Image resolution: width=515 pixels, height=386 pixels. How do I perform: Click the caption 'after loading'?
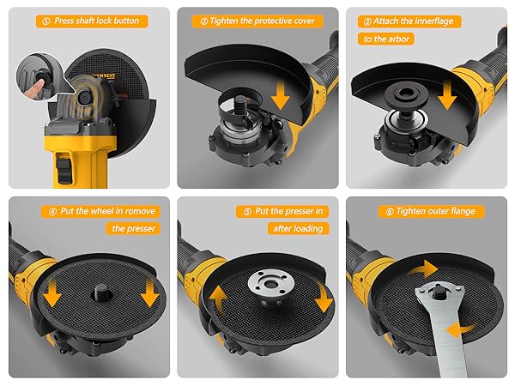pyautogui.click(x=300, y=228)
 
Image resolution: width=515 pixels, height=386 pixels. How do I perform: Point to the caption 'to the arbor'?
pyautogui.click(x=387, y=39)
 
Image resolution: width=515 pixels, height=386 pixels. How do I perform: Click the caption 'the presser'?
pyautogui.click(x=133, y=228)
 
